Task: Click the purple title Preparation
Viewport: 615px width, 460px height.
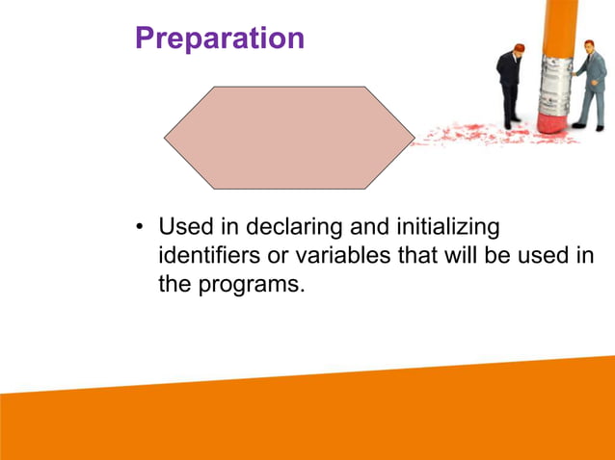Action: click(x=220, y=38)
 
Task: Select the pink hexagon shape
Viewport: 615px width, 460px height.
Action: click(x=289, y=138)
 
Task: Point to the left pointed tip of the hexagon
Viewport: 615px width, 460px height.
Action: click(x=166, y=138)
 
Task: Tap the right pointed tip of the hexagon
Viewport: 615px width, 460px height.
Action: click(x=413, y=138)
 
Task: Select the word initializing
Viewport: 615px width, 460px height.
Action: click(x=448, y=228)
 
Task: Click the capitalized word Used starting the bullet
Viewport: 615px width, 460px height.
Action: click(x=183, y=228)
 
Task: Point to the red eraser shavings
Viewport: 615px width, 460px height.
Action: click(x=463, y=135)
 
